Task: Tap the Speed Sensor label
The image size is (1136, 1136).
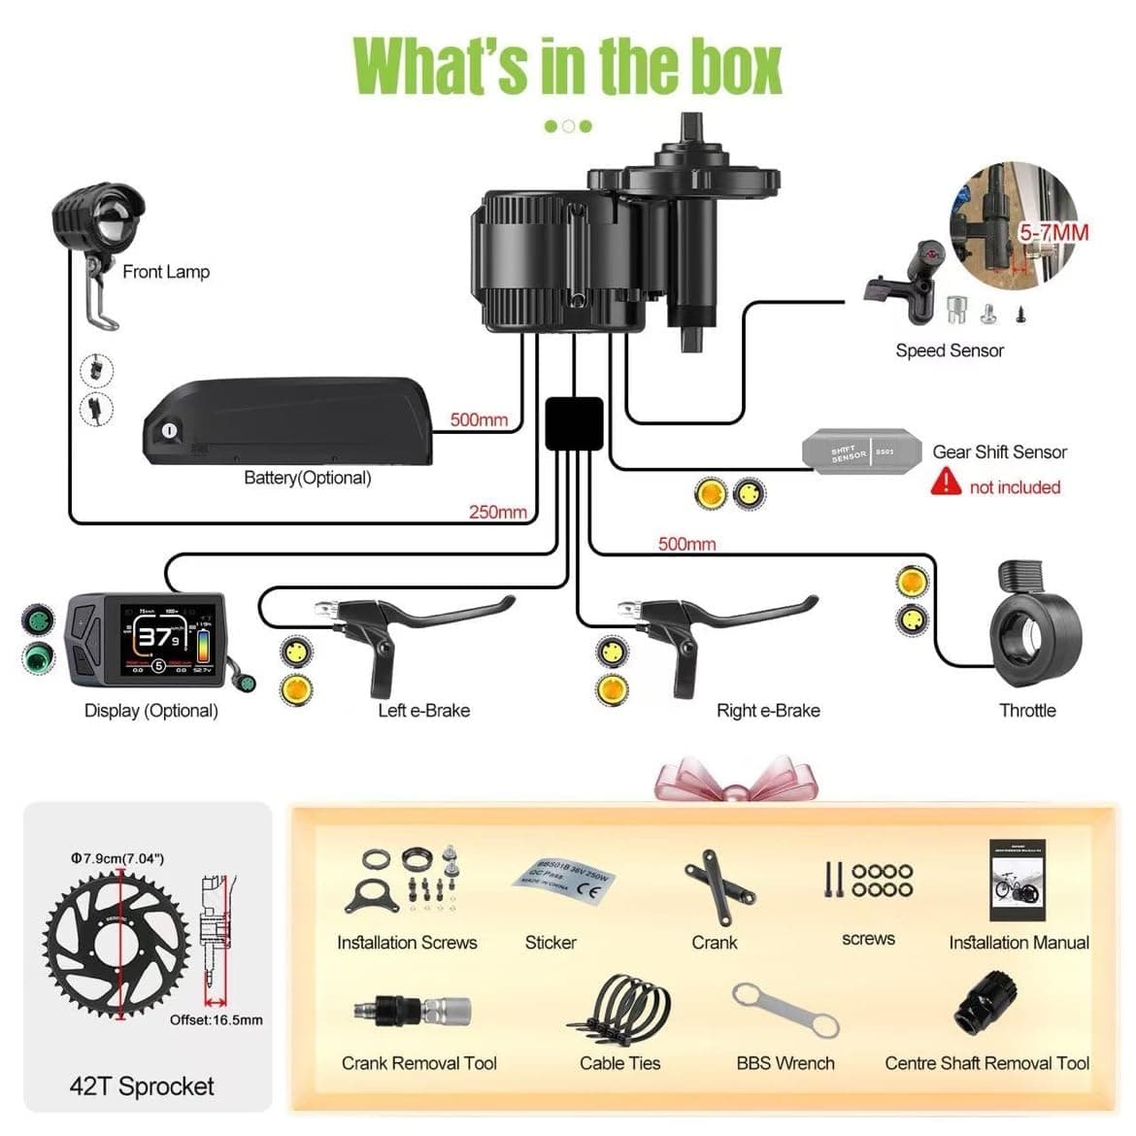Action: click(949, 351)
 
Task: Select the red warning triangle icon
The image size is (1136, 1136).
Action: click(945, 482)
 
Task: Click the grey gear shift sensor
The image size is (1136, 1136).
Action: click(861, 451)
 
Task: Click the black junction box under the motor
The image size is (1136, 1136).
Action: click(574, 423)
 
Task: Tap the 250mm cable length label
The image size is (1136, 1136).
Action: click(497, 512)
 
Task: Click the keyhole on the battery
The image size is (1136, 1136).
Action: click(170, 430)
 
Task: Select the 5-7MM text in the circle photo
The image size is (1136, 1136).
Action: click(1052, 233)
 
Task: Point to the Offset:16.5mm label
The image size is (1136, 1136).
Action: click(216, 1019)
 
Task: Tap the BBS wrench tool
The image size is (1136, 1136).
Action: click(785, 1011)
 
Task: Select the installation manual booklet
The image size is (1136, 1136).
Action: click(1017, 881)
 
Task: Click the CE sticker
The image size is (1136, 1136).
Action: click(564, 880)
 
